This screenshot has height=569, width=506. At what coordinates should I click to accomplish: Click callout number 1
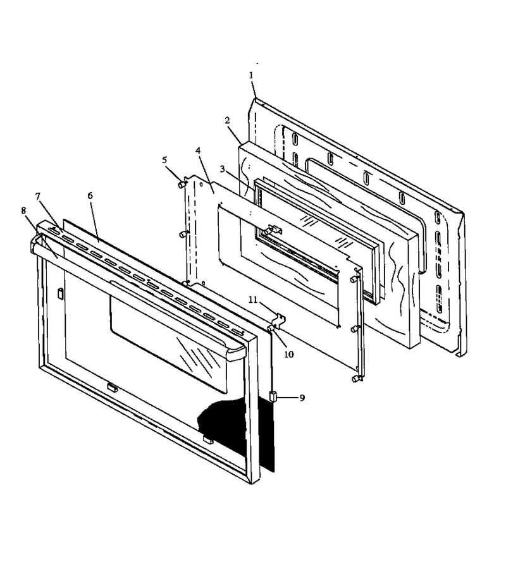point(251,75)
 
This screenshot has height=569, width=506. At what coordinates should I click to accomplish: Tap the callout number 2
point(227,120)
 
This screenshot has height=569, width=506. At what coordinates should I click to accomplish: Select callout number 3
point(223,169)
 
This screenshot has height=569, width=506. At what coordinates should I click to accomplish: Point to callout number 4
point(198,150)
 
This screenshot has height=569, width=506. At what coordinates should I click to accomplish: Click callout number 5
point(164,160)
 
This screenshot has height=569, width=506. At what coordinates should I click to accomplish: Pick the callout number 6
point(90,195)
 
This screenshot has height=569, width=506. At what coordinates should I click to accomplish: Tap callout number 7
point(38,196)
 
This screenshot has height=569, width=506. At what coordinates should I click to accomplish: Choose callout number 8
point(23,211)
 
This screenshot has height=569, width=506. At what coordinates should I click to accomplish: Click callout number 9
point(302,398)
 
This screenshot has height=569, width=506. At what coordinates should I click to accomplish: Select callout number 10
point(289,354)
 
